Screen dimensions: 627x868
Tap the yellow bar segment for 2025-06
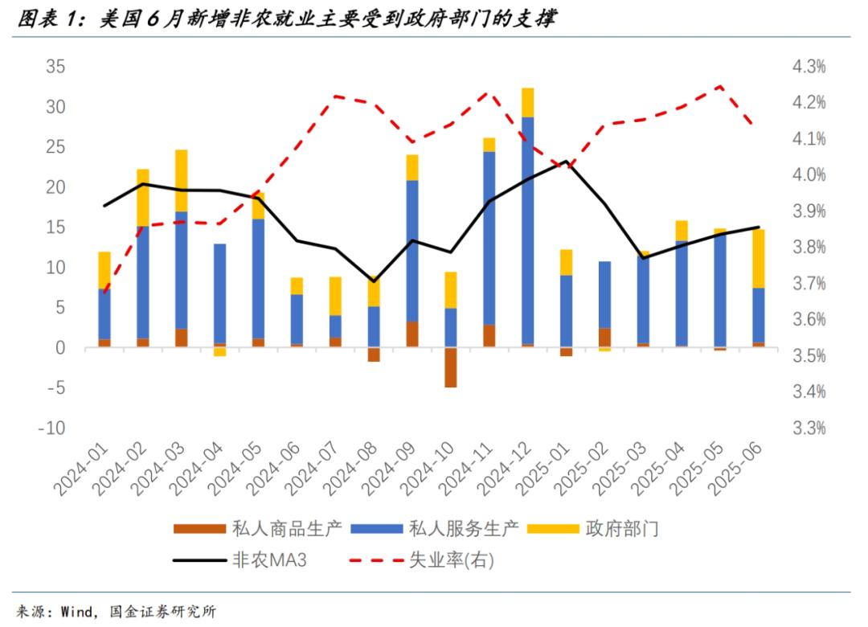(759, 258)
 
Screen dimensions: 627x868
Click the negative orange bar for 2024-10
(451, 367)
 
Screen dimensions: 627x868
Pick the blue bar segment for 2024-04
(220, 293)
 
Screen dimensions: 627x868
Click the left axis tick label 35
(54, 67)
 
